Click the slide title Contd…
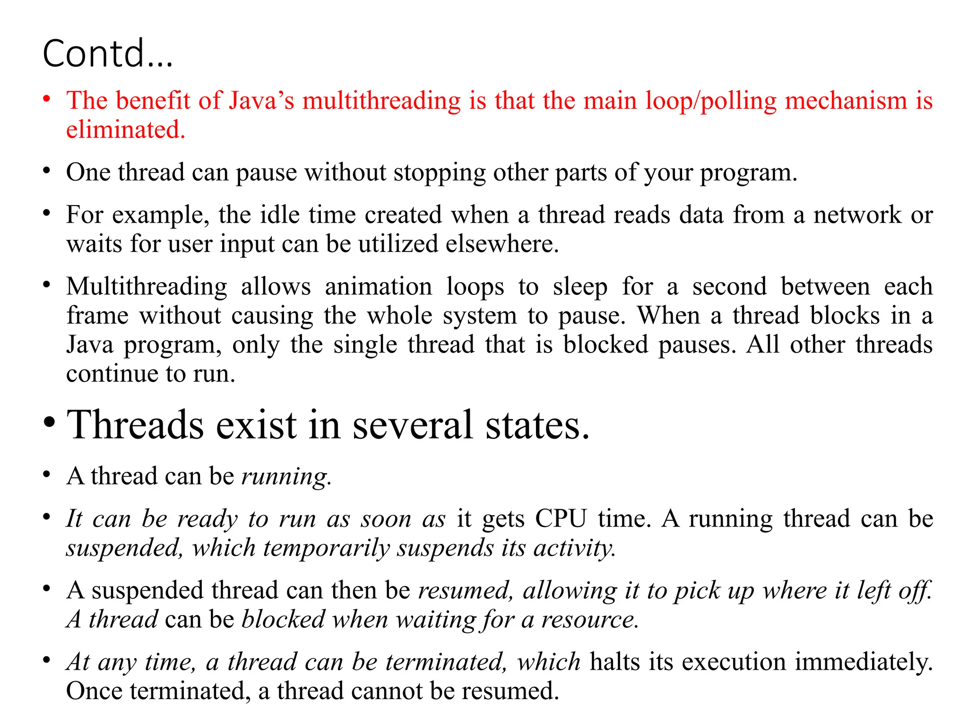pyautogui.click(x=108, y=53)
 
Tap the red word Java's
pyautogui.click(x=261, y=101)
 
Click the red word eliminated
pyautogui.click(x=125, y=130)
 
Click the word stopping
pyautogui.click(x=439, y=173)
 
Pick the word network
pyautogui.click(x=857, y=215)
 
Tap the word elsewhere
pyautogui.click(x=502, y=244)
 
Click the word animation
pyautogui.click(x=378, y=287)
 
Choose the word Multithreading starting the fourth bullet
pyautogui.click(x=147, y=287)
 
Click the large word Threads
pyautogui.click(x=135, y=424)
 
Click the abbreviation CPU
pyautogui.click(x=561, y=519)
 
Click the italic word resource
pyautogui.click(x=590, y=620)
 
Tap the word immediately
pyautogui.click(x=864, y=662)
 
